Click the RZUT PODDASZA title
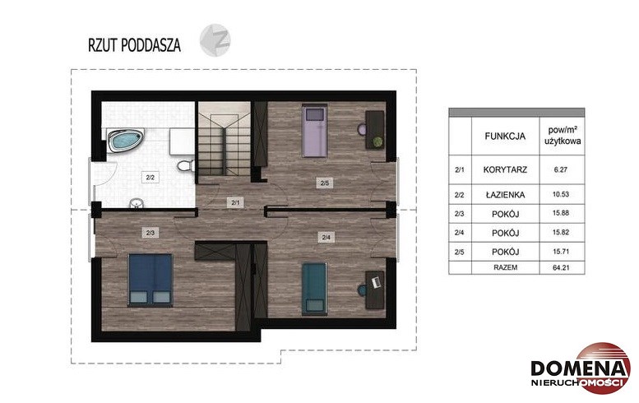pos(135,44)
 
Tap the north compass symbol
pos(215,40)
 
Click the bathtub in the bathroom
pos(125,140)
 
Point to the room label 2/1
pos(235,202)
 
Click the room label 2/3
pos(150,233)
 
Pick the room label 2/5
pos(325,183)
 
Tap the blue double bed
pos(150,280)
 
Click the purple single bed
pos(315,131)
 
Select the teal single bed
pos(315,289)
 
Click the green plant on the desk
pos(377,141)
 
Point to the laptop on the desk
pos(376,281)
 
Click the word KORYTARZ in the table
pos(505,169)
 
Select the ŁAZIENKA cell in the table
pos(505,195)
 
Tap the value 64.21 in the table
pos(561,268)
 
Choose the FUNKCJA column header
pos(505,136)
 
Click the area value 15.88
pos(561,213)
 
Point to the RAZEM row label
pos(505,268)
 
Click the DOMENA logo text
pos(579,368)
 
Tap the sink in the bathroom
pos(137,203)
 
